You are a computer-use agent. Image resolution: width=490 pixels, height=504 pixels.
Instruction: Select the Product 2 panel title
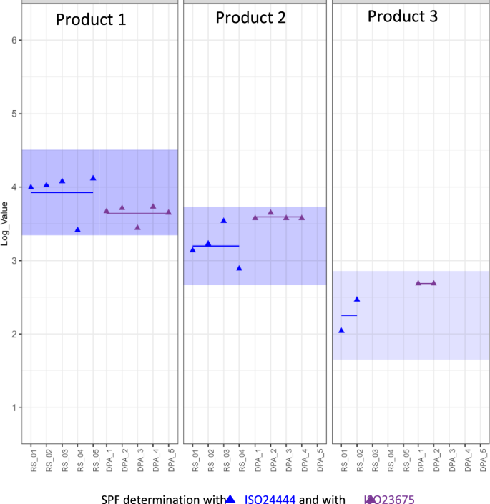(x=250, y=18)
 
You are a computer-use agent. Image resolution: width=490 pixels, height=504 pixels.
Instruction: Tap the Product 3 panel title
(x=403, y=16)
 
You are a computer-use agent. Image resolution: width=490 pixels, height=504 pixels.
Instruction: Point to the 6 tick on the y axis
(x=14, y=40)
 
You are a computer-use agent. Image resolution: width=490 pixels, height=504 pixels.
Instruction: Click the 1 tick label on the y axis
(x=14, y=407)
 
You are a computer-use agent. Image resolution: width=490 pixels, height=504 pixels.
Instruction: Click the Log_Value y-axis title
(x=5, y=224)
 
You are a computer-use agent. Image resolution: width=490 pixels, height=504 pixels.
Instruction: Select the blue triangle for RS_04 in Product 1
(x=77, y=229)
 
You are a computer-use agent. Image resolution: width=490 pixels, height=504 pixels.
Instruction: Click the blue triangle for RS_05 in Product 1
(x=93, y=178)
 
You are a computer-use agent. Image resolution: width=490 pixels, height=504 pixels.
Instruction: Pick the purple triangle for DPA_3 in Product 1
(x=137, y=227)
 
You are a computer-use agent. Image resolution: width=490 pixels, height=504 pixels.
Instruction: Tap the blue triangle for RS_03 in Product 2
(x=224, y=220)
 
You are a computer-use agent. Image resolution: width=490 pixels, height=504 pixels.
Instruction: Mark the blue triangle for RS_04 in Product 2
(x=239, y=268)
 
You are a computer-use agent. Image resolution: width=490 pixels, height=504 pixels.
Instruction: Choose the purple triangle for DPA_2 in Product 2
(x=270, y=212)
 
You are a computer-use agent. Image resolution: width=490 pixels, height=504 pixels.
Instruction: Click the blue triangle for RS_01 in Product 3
(x=341, y=330)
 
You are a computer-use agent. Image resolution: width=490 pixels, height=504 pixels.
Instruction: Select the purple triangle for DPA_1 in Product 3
(x=418, y=283)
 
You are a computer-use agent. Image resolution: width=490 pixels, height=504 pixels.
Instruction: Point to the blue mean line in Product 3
(x=348, y=315)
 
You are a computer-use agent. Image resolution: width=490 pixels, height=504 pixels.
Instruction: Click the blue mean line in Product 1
(x=62, y=192)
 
